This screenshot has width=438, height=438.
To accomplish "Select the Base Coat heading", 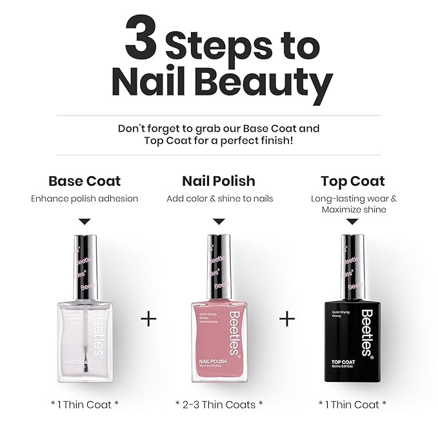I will click(x=85, y=181).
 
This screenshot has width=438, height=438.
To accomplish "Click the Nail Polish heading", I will click(x=219, y=181).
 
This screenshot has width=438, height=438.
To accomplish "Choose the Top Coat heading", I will click(x=352, y=181).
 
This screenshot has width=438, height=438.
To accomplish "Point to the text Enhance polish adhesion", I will click(x=85, y=199).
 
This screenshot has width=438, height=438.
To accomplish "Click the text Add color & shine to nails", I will click(x=219, y=199).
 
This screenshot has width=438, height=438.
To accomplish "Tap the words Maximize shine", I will click(x=353, y=210).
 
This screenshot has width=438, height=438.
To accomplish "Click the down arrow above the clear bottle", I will click(x=85, y=221).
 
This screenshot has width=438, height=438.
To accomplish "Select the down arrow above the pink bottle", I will click(x=219, y=221).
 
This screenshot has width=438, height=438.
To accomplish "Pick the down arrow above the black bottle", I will click(x=352, y=221).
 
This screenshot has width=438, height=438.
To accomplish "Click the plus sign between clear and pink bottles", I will click(x=148, y=319).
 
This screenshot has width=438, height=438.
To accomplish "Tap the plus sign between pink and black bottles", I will click(x=286, y=319).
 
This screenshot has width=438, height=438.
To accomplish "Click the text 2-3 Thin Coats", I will click(x=219, y=404).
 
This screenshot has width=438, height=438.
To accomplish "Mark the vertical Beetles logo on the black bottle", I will click(x=367, y=332).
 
